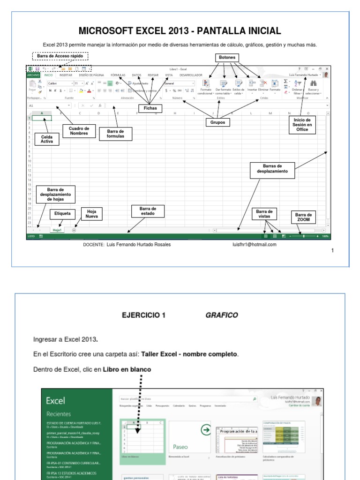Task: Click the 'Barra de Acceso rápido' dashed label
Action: click(x=60, y=56)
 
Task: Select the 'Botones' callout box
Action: click(x=227, y=58)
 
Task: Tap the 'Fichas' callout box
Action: click(x=150, y=108)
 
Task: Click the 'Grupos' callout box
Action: click(x=218, y=122)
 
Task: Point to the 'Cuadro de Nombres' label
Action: click(x=79, y=131)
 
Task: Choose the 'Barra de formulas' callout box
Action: click(x=116, y=134)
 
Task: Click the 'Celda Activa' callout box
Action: click(x=47, y=139)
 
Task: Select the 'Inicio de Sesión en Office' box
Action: click(x=302, y=125)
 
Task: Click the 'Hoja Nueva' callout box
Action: click(x=91, y=214)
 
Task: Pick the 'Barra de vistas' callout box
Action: click(x=264, y=214)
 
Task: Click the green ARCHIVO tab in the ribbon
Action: click(x=33, y=75)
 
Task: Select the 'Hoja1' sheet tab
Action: click(x=57, y=230)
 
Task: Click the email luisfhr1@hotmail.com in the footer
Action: click(x=255, y=244)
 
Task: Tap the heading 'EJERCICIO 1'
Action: click(x=143, y=315)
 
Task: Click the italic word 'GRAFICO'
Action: click(x=222, y=315)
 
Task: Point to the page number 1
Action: click(x=332, y=251)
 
